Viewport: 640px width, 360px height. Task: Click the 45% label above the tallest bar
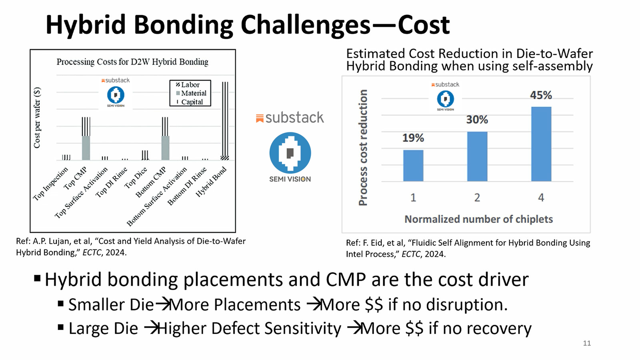(x=541, y=95)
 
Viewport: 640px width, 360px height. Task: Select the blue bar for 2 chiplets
(x=477, y=156)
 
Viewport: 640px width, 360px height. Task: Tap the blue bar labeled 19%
(x=413, y=166)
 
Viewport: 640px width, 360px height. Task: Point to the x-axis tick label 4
(x=541, y=198)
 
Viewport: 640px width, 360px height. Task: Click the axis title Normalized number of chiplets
(x=478, y=219)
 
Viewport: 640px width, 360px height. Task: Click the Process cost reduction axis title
(x=363, y=148)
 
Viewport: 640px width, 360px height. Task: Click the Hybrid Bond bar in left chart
(x=225, y=120)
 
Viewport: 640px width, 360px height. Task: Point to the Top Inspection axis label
(x=51, y=184)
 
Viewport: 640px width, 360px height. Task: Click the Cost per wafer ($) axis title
(x=37, y=118)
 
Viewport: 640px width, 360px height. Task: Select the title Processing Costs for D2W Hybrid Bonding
(x=132, y=62)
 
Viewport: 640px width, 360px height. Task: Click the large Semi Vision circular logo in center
(x=290, y=152)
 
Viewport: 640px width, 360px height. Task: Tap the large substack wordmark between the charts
(x=294, y=118)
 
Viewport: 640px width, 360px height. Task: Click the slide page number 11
(x=587, y=343)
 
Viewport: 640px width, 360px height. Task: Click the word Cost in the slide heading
(x=424, y=25)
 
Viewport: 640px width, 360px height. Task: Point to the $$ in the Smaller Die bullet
(x=374, y=305)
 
